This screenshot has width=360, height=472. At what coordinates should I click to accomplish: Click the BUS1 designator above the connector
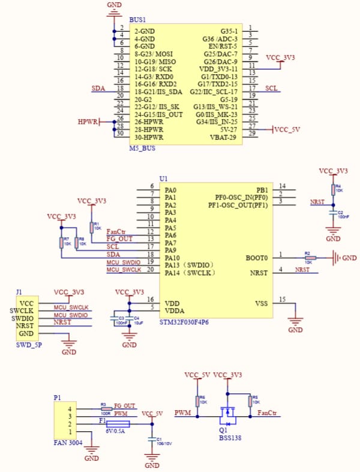coord(137,20)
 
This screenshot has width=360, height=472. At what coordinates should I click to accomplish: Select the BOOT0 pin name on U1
coord(256,258)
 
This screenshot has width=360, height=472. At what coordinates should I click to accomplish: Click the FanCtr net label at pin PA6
coord(116,231)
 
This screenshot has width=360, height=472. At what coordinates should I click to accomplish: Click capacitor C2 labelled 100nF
coord(332,213)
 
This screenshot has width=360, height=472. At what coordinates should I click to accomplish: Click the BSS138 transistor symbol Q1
coord(227,413)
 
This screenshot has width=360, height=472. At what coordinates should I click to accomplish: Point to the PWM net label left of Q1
coord(182,413)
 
